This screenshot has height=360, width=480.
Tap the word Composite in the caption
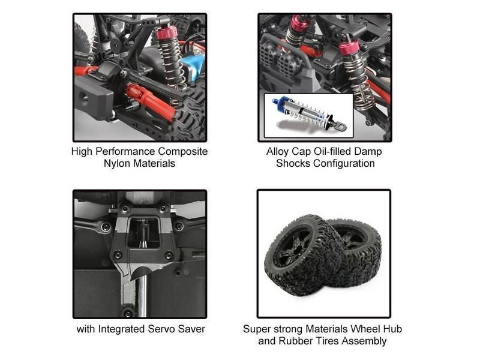coord(181,151)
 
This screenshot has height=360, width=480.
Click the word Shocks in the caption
coord(292,163)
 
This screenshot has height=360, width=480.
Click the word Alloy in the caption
coord(278,151)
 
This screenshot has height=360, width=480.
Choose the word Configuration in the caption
coord(344,163)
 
